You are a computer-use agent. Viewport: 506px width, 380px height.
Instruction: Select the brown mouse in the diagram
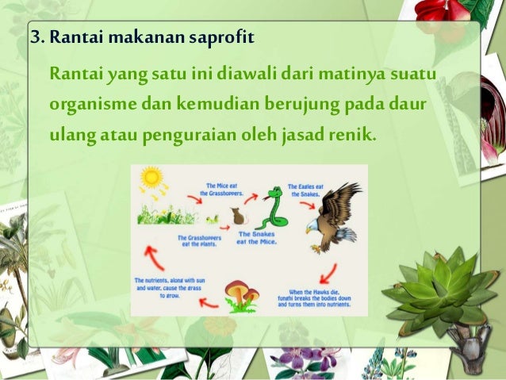(x=236, y=215)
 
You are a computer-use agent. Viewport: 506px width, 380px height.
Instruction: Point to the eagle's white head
(x=315, y=225)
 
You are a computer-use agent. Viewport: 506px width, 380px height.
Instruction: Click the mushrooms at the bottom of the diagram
(x=241, y=294)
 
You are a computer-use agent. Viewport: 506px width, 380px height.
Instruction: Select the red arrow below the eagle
(x=328, y=277)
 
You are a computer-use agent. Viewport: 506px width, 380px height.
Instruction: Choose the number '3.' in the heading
(x=36, y=37)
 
